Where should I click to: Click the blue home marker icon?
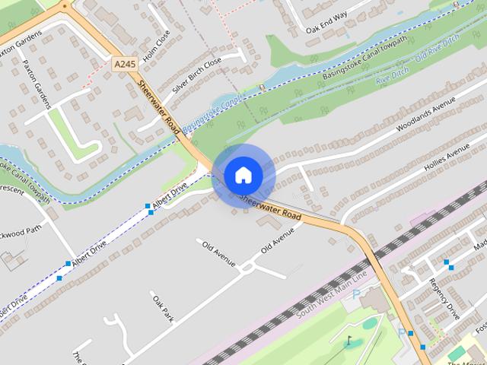pyautogui.click(x=243, y=176)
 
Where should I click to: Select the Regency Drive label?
pyautogui.click(x=444, y=297)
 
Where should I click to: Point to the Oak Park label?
pyautogui.click(x=162, y=306)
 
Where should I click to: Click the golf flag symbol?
pyautogui.click(x=349, y=341)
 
